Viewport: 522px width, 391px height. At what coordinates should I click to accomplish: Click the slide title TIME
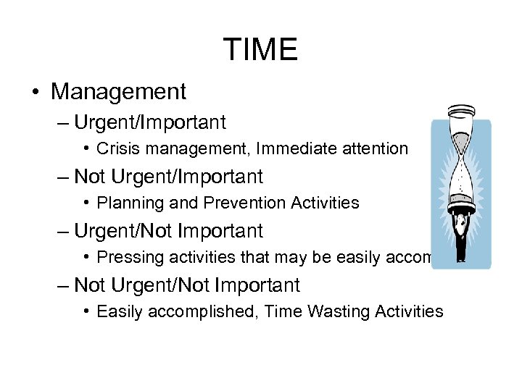260,49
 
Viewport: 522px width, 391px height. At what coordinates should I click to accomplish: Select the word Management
119,92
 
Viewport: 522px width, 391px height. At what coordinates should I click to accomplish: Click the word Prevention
239,203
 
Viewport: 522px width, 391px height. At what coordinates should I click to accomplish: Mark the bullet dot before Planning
86,203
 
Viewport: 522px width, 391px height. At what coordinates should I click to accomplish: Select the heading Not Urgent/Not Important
187,286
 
